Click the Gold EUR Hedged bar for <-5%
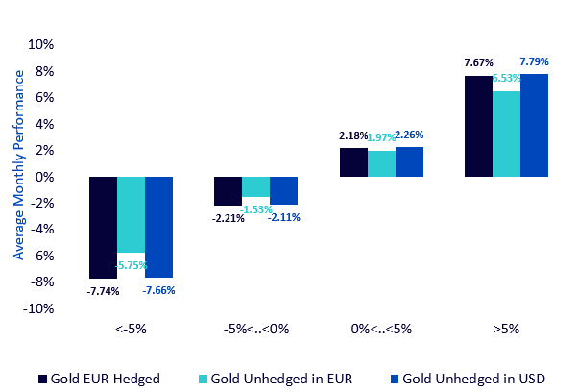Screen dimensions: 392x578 click(x=103, y=228)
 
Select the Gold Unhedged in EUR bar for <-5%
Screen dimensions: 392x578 click(x=132, y=214)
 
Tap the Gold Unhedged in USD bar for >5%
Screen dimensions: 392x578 click(x=534, y=126)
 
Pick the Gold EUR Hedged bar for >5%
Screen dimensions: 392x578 click(x=478, y=127)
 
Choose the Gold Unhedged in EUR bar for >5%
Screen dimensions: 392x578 click(x=506, y=135)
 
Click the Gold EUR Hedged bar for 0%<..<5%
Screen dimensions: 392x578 click(x=353, y=162)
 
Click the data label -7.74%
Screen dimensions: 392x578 click(x=103, y=290)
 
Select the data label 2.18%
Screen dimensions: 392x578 click(x=353, y=136)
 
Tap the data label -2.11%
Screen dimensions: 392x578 click(x=285, y=217)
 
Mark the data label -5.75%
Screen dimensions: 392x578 click(x=132, y=264)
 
